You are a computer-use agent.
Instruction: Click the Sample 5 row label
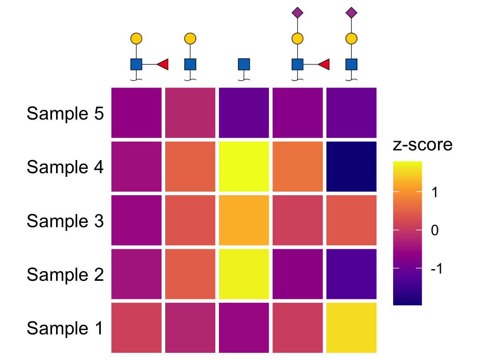[x=65, y=114]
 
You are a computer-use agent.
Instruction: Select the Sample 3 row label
[x=65, y=221]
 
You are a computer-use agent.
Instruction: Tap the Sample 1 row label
[x=64, y=328]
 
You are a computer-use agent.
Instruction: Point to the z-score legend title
[x=422, y=145]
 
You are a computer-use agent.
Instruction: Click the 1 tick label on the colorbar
[x=435, y=192]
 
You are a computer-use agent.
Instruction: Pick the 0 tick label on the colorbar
[x=435, y=230]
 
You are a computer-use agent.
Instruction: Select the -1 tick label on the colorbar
[x=436, y=268]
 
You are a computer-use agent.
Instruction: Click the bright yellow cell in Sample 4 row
[x=244, y=166]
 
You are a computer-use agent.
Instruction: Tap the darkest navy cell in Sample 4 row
[x=352, y=166]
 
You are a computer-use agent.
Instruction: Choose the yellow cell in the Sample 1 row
[x=352, y=328]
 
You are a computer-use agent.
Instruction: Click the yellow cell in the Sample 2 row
[x=244, y=274]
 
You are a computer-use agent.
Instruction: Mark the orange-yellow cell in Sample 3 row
[x=244, y=220]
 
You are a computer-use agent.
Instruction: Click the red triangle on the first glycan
[x=163, y=64]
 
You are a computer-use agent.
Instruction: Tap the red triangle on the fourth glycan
[x=324, y=64]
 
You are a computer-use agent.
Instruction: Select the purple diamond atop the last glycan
[x=352, y=13]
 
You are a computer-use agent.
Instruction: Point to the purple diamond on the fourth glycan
[x=298, y=13]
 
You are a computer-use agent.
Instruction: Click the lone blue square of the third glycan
[x=244, y=64]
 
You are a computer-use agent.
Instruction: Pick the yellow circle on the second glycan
[x=190, y=39]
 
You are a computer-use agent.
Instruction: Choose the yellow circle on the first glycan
[x=136, y=39]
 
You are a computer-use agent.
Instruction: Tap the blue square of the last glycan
[x=352, y=64]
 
